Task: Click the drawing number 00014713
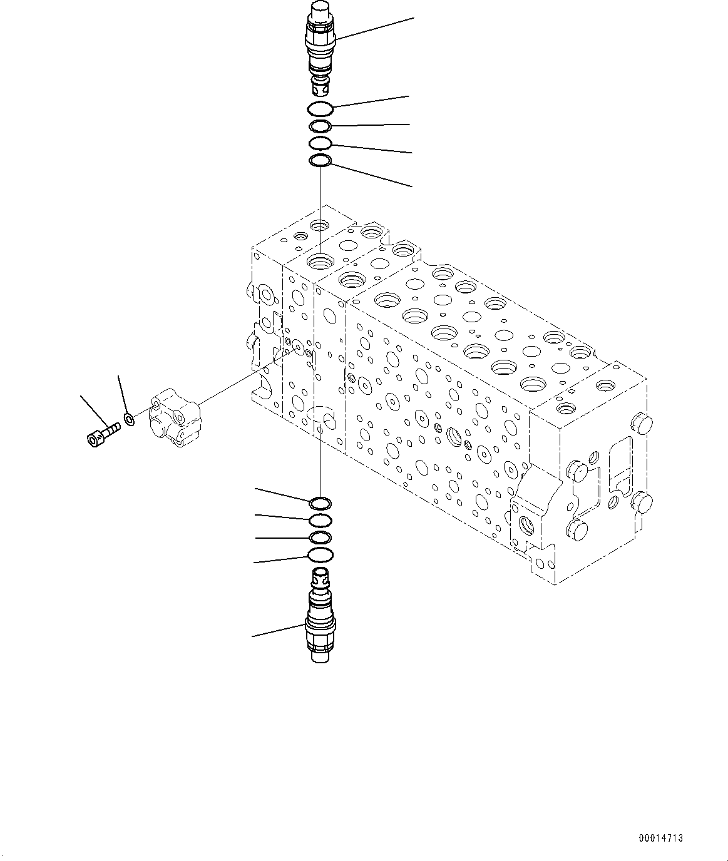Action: coord(661,838)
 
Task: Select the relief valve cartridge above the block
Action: coord(320,47)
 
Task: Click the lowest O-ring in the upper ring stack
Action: coord(320,162)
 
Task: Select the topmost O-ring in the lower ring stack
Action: coord(320,503)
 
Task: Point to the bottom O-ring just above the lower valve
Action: coord(320,554)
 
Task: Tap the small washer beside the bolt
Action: coord(129,419)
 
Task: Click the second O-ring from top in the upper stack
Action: coord(320,127)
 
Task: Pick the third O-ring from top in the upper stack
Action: coord(320,144)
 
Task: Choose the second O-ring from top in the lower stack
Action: coord(320,521)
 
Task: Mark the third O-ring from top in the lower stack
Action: coord(320,537)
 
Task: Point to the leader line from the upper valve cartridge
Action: coord(376,29)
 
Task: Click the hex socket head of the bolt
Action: coord(93,439)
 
